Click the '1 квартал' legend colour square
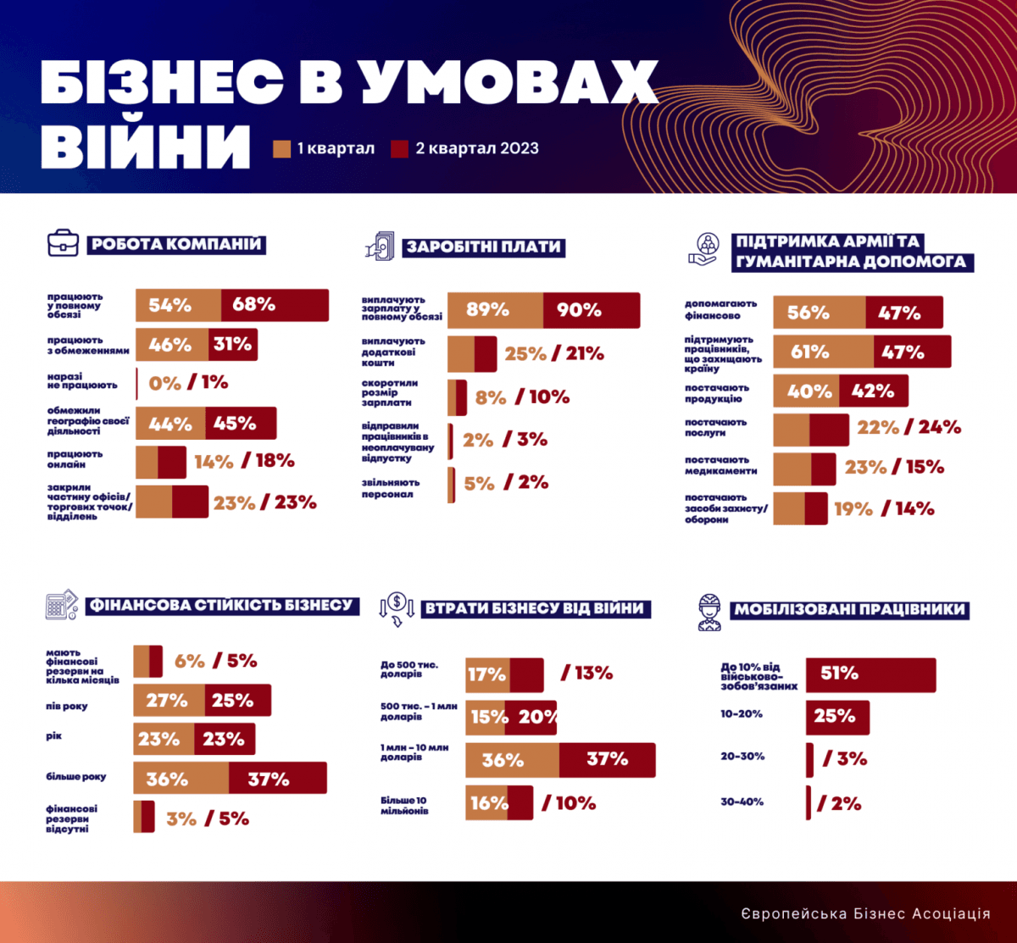tap(282, 149)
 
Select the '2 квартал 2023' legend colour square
tap(400, 149)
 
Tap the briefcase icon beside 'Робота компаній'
tap(63, 244)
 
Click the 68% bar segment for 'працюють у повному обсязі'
tap(275, 305)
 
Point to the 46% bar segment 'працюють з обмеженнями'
tap(172, 345)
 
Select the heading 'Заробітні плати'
tap(484, 247)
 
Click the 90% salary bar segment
tap(591, 310)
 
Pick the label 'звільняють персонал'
tap(390, 488)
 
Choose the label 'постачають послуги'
tap(716, 427)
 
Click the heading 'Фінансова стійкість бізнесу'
tap(220, 606)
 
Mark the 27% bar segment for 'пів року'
tap(169, 701)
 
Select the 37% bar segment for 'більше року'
tap(277, 779)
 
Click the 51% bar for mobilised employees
tap(870, 674)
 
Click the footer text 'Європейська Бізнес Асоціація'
tap(864, 913)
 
